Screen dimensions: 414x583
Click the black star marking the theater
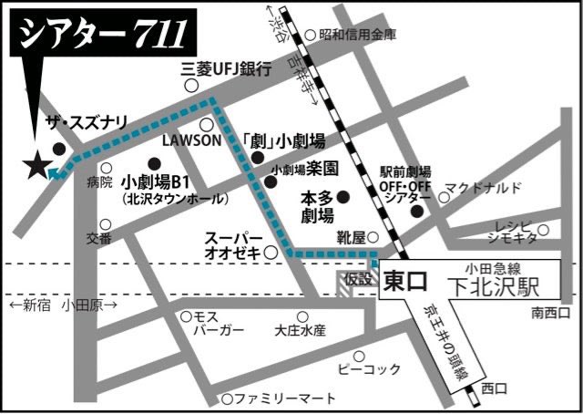tap(37, 166)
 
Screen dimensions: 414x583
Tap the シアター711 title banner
tap(100, 36)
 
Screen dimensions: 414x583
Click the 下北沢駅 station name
tap(499, 286)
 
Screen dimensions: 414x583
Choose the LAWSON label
tap(191, 141)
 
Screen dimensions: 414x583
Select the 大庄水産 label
tap(300, 329)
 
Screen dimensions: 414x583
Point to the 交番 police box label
tap(99, 238)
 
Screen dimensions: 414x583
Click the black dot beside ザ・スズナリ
tap(59, 149)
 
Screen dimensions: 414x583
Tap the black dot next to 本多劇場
tap(343, 196)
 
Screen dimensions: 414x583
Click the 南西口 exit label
tap(551, 314)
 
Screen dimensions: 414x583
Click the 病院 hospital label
tap(99, 182)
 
